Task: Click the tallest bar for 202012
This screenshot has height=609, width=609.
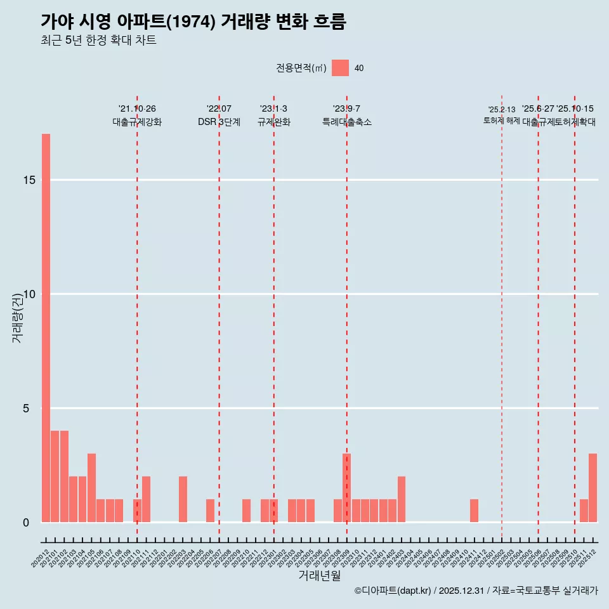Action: (46, 328)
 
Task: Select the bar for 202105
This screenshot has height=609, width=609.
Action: (91, 488)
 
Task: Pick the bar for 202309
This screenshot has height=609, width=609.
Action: (346, 488)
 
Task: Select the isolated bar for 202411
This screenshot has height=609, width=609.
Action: (474, 511)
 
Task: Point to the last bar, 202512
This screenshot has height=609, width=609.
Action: (593, 488)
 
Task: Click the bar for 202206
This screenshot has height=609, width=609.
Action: (210, 511)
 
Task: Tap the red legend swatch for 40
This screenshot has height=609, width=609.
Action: (340, 68)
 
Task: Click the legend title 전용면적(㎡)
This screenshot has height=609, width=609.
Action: (301, 69)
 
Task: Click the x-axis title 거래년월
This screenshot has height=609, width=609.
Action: (320, 576)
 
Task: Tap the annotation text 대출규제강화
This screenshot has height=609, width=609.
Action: (137, 122)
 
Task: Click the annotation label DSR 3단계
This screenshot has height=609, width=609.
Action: (219, 122)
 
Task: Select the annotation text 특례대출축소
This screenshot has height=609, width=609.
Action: (346, 122)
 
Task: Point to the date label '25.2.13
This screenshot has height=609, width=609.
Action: (502, 110)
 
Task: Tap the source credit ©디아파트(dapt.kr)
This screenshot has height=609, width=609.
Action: (393, 591)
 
